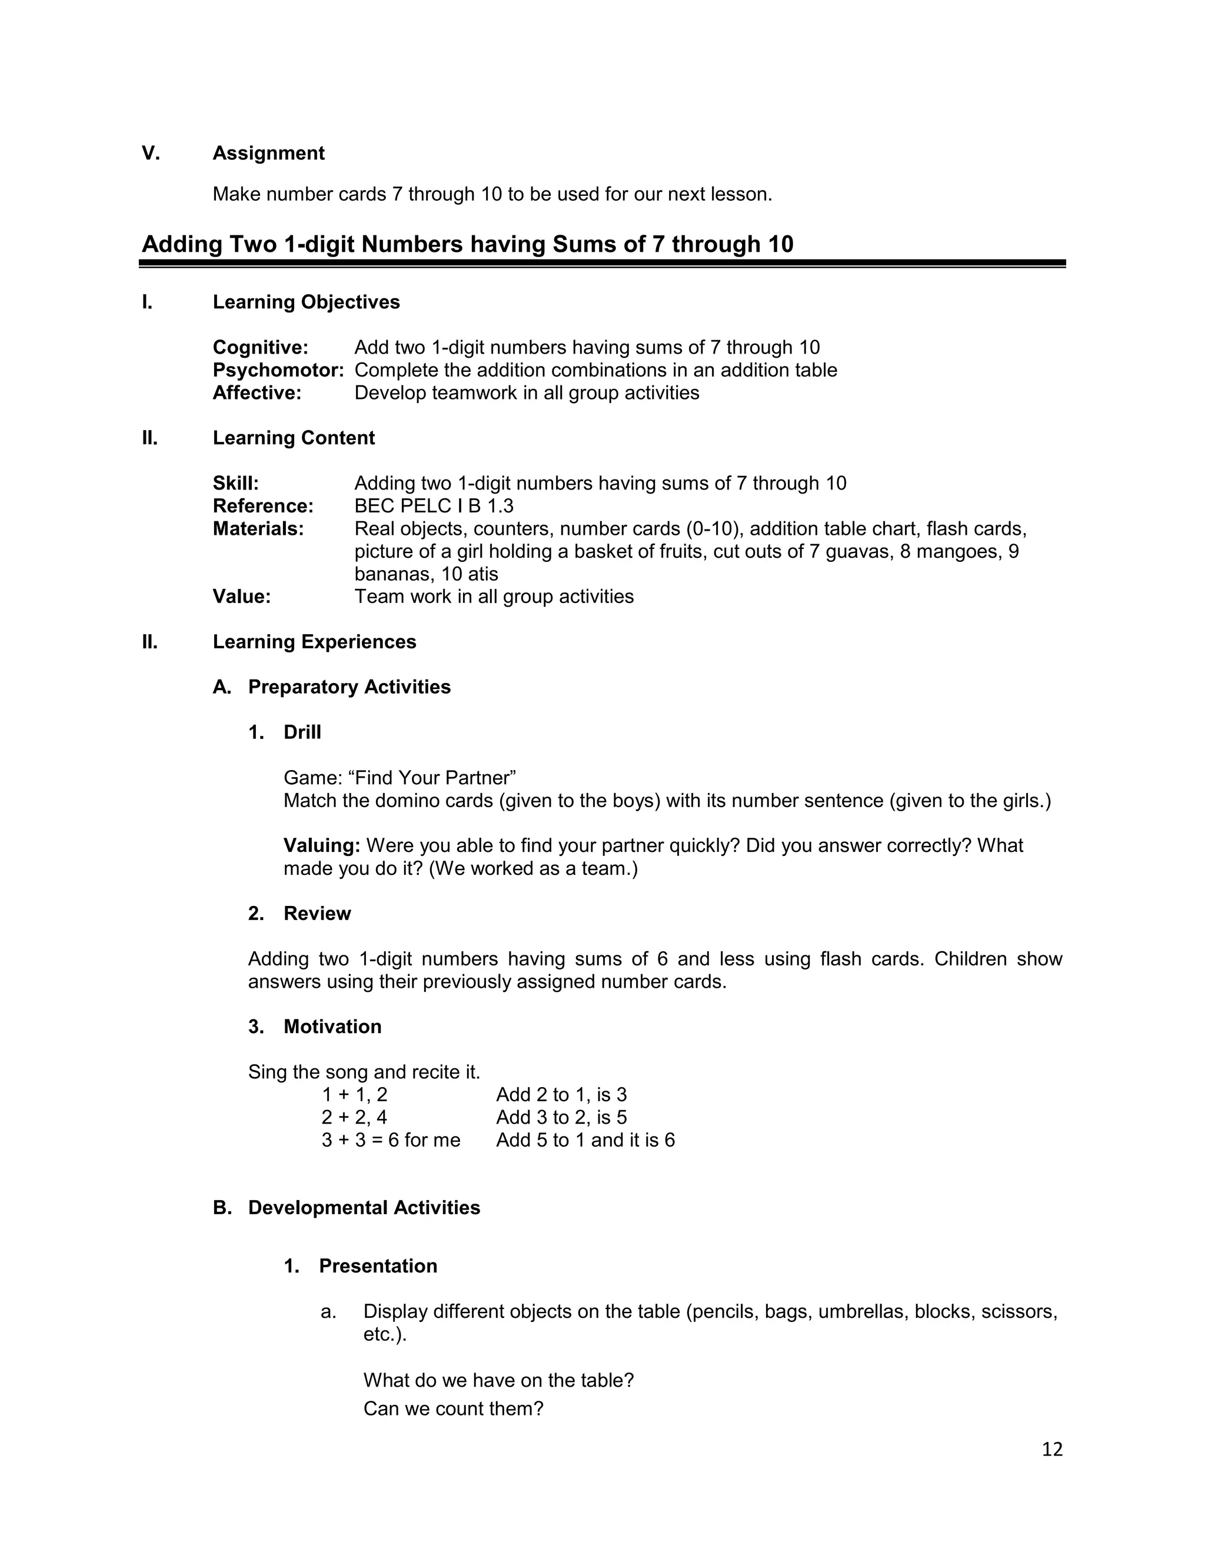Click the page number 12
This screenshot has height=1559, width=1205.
[x=1051, y=1448]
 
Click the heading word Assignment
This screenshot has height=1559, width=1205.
[x=268, y=154]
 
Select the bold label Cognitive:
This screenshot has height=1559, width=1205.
[x=261, y=348]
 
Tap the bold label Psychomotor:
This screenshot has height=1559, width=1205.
[x=278, y=371]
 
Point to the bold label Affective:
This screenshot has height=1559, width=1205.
[x=257, y=394]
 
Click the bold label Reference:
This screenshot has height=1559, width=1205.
[x=262, y=506]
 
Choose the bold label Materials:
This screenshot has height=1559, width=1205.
[x=258, y=529]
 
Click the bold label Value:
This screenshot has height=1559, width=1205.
[x=241, y=597]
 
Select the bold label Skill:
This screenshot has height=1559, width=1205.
[x=235, y=483]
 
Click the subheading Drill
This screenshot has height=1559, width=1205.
[x=302, y=732]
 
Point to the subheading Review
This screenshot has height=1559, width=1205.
[x=317, y=914]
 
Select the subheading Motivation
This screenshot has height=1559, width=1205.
[x=332, y=1027]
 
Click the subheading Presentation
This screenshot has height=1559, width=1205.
[x=378, y=1265]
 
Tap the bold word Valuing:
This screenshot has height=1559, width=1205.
[x=322, y=846]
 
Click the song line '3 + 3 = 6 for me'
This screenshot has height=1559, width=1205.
[x=391, y=1140]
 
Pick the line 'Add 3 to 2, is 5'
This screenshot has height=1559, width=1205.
[x=561, y=1117]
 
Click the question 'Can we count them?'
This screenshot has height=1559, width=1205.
[x=453, y=1408]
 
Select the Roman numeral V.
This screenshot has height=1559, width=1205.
[x=151, y=154]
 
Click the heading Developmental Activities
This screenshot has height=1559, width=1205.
[x=364, y=1208]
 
